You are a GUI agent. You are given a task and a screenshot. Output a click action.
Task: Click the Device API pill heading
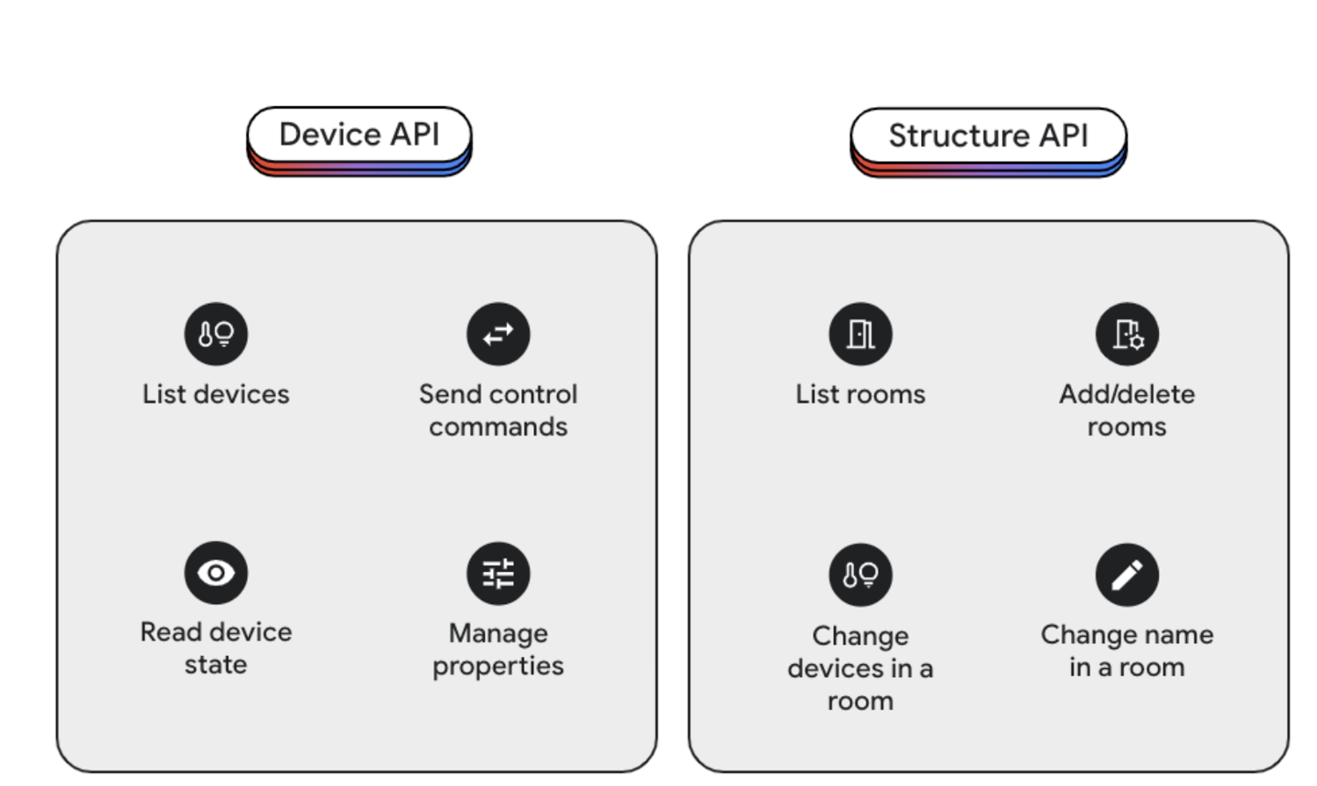coord(359,135)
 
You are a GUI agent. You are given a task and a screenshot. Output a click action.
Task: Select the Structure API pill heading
coord(988,136)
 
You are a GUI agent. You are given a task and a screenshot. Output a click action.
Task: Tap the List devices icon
coord(216,334)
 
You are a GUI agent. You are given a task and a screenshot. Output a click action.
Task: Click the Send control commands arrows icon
coord(498,334)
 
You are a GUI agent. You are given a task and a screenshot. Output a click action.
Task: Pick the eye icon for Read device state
coord(216,573)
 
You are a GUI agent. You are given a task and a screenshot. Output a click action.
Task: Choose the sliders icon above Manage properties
coord(498,574)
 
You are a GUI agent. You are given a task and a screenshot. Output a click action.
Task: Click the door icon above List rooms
coord(861,334)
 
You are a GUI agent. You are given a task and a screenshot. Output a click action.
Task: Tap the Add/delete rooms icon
coord(1127,334)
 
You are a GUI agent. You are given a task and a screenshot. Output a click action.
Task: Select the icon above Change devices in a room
coord(861,575)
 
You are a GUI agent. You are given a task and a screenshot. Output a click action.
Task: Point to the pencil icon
coord(1127,575)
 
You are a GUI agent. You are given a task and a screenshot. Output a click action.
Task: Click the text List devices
coord(216,394)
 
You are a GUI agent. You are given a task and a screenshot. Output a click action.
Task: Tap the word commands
coord(498,427)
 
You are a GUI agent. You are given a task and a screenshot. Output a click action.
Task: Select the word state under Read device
coord(216,665)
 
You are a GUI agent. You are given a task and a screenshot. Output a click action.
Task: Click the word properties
coord(498,666)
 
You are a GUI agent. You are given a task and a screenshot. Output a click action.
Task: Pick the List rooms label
coord(861,394)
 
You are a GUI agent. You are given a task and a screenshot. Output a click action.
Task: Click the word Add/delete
coord(1127,394)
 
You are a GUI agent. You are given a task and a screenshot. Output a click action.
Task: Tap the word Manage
coord(498,633)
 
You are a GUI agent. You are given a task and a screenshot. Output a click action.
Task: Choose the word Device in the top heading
coord(329,135)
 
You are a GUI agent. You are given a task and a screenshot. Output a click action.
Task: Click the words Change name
coord(1127,635)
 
